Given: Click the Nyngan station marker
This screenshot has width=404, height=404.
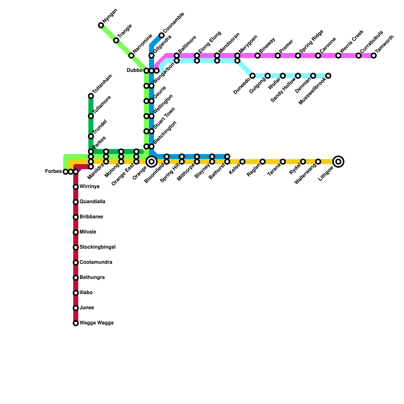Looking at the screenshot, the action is tap(101, 25).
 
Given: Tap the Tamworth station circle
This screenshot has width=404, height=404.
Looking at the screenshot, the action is tap(374, 56).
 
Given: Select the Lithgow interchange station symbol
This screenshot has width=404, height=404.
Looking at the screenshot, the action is tap(338, 162).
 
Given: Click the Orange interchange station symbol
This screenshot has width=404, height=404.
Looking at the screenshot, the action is tap(151, 162).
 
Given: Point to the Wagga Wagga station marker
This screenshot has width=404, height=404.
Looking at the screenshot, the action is tap(76, 323).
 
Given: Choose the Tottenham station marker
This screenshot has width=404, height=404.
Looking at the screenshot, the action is tap(91, 96).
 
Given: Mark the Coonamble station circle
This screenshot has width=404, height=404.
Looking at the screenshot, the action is tap(162, 35).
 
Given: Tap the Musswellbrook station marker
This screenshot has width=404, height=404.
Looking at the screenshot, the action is tap(328, 76).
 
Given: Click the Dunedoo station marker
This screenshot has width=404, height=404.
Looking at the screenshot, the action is tap(252, 76).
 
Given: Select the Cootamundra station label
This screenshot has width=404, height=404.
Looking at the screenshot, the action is tap(96, 262).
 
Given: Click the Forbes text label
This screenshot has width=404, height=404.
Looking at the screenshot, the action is tap(53, 172).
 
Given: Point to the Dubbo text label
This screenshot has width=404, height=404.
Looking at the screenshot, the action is tap(135, 70).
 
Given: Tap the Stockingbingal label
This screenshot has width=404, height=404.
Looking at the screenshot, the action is tap(97, 247).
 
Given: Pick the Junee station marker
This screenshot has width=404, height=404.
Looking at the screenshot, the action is tap(76, 308).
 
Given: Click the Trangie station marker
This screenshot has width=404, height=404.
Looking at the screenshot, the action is tap(116, 40).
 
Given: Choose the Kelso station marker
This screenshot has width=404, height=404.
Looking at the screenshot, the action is tap(242, 162).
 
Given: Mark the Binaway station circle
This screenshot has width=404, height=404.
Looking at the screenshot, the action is tap(258, 56).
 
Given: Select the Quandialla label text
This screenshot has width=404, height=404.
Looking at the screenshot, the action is tap(92, 202).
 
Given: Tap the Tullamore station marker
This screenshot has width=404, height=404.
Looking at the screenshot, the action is tap(91, 116).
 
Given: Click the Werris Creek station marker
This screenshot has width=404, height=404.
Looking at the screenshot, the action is tap(338, 56).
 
